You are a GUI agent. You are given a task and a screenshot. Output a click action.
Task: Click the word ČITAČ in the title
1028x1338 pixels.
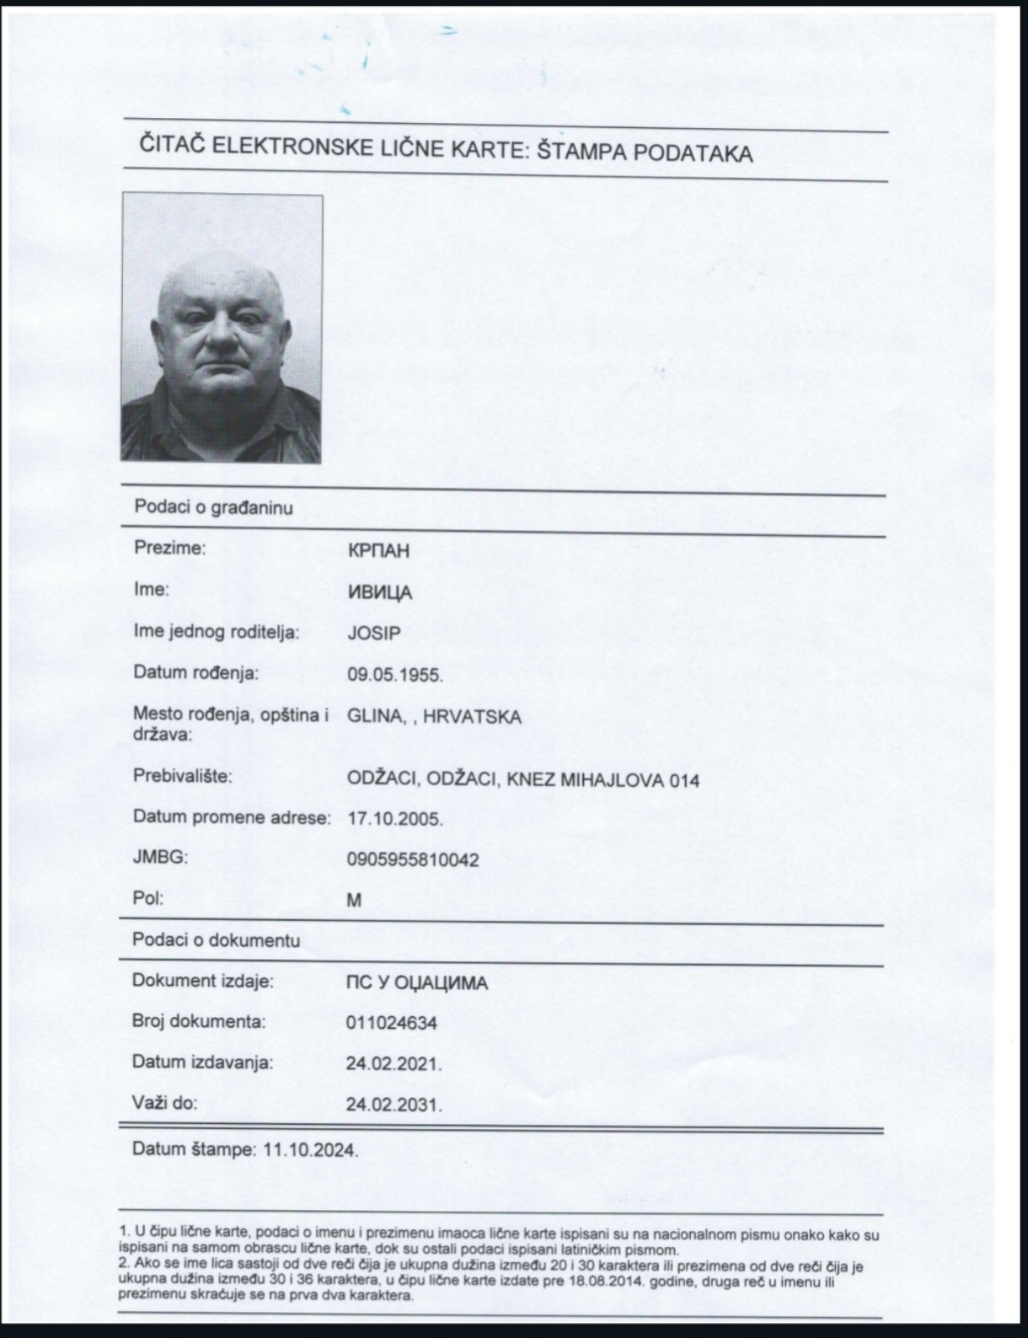click(171, 147)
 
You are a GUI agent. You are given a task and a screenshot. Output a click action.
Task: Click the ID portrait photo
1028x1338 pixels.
click(222, 328)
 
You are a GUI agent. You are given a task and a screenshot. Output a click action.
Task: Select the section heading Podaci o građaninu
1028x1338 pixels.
click(213, 508)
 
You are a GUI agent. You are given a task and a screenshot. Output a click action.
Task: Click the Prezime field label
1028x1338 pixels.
click(170, 549)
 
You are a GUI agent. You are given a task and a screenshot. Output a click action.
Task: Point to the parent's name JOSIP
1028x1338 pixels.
click(374, 633)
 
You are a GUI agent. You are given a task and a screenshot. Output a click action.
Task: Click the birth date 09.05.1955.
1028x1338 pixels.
click(395, 674)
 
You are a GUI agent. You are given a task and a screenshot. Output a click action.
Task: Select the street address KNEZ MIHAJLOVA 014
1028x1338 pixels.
click(606, 780)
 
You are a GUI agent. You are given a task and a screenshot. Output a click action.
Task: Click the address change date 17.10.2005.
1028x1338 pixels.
click(395, 819)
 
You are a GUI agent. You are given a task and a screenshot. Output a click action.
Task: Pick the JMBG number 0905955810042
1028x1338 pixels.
click(412, 860)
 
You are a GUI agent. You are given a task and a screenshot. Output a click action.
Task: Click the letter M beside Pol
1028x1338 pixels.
click(354, 901)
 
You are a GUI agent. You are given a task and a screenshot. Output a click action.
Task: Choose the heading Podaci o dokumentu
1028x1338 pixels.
click(216, 941)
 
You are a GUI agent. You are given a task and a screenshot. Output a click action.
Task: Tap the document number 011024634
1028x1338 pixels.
click(391, 1023)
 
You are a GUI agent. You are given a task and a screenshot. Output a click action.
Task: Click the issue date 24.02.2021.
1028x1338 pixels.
click(394, 1064)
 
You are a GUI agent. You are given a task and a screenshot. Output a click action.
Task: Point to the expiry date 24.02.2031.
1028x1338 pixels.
click(394, 1105)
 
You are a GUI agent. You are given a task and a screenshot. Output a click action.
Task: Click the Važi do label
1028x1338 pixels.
click(165, 1103)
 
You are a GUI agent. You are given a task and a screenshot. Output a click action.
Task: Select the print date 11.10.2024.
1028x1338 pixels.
click(310, 1150)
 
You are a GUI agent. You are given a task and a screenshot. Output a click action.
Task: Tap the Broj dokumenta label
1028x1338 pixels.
click(199, 1021)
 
